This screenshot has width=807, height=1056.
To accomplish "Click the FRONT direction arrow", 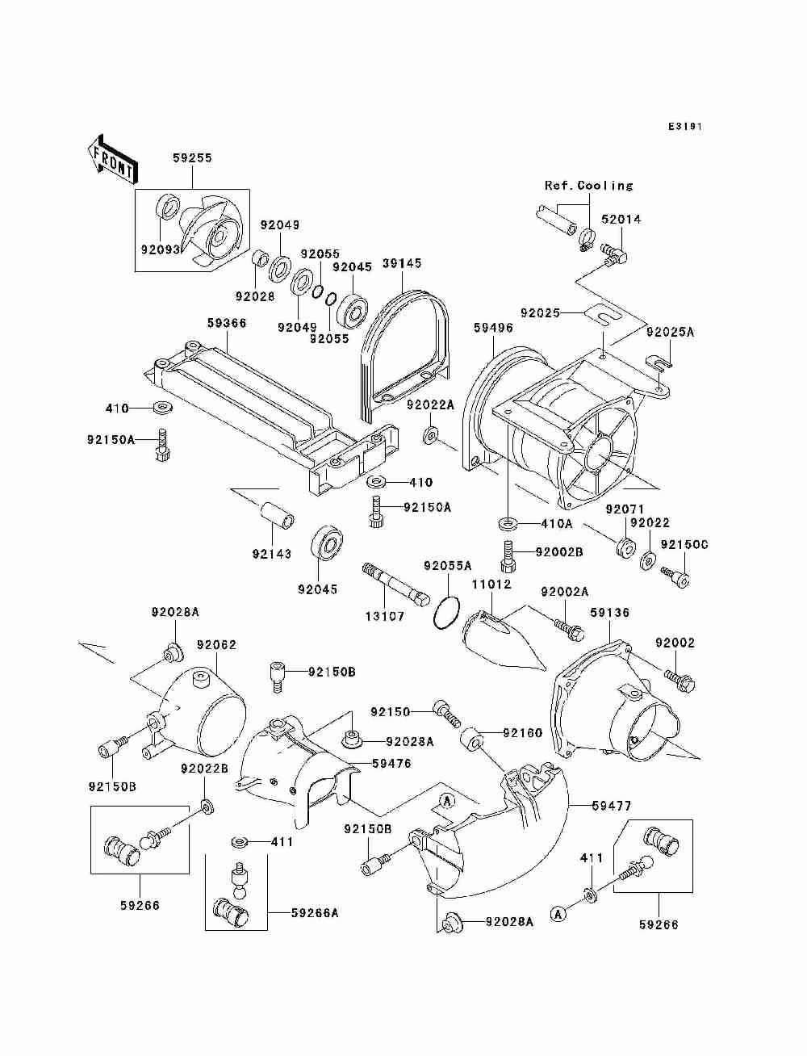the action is click(113, 159).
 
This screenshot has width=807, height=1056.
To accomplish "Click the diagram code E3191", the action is click(685, 127).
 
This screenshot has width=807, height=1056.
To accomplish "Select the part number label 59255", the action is click(192, 157).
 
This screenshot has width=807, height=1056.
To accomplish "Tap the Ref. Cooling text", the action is click(588, 185).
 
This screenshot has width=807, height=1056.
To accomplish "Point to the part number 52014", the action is click(621, 220).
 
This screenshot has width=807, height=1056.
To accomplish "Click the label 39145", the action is click(402, 263).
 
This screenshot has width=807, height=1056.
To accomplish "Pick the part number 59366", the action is click(227, 323).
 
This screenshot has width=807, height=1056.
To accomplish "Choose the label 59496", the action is click(493, 328).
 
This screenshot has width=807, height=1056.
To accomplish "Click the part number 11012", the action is click(491, 585).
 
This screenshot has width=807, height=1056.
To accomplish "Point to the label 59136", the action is click(609, 613).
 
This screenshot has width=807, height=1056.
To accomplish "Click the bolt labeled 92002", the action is click(679, 679).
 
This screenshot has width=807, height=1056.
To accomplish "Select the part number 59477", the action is click(611, 806).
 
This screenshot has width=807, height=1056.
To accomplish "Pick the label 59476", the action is click(391, 764).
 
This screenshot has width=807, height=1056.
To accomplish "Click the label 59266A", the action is click(315, 912).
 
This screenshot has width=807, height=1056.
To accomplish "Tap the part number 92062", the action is click(216, 645).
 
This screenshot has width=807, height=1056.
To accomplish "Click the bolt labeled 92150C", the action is click(676, 576).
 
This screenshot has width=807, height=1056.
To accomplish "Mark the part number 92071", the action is click(625, 509).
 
